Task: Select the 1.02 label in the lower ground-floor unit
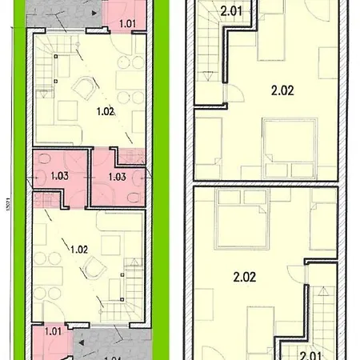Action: click(78, 249)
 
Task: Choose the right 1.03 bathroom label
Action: click(117, 177)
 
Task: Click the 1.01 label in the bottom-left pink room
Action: click(54, 330)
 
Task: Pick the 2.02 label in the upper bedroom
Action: click(282, 90)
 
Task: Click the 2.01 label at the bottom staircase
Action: click(311, 351)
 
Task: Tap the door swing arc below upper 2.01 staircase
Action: click(238, 94)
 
